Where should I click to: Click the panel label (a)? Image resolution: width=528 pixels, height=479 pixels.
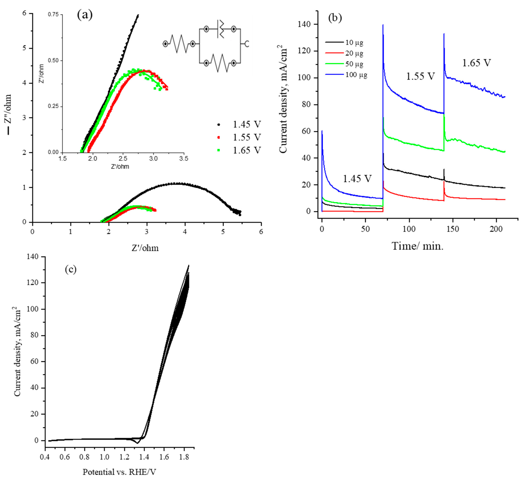pyautogui.click(x=85, y=15)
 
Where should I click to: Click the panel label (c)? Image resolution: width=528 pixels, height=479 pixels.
pyautogui.click(x=71, y=269)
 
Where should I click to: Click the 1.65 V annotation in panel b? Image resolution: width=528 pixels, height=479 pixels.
pyautogui.click(x=476, y=63)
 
